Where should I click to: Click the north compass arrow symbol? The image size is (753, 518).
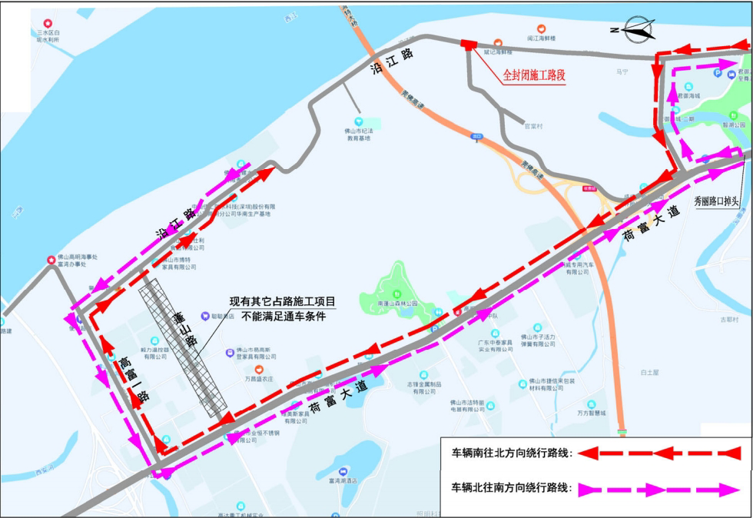coord(641,31)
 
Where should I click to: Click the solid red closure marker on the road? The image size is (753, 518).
coord(468,44)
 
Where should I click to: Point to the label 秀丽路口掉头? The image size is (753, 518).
coord(715,201)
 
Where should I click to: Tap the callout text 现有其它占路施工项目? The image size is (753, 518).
coord(284,302)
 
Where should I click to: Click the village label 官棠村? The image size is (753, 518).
coord(532,126)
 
